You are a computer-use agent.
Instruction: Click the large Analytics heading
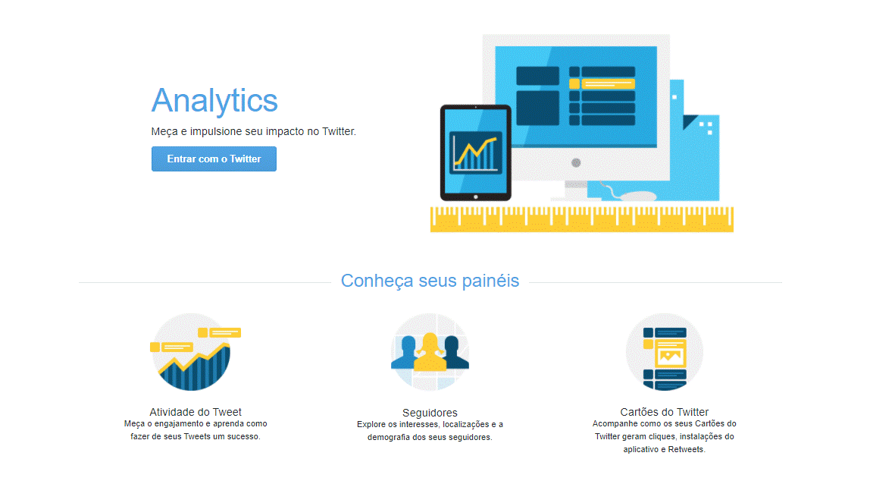[x=214, y=101]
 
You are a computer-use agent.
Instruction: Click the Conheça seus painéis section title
[x=430, y=281]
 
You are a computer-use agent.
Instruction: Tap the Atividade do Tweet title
[x=196, y=412]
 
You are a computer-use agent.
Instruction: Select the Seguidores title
[x=430, y=413]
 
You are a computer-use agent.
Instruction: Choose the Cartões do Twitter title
[x=665, y=412]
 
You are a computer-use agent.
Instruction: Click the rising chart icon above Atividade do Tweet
[x=193, y=352]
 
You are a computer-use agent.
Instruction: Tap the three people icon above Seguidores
[x=430, y=352]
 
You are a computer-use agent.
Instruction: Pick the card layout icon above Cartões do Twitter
[x=665, y=352]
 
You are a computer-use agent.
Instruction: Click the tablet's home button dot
[x=475, y=197]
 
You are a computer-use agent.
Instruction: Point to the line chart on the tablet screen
[x=475, y=152]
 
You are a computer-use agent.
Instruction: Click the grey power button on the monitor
[x=576, y=163]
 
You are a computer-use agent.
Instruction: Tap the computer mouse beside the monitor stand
[x=637, y=196]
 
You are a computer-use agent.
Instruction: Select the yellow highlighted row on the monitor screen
[x=602, y=84]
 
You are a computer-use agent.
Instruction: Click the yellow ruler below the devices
[x=581, y=219]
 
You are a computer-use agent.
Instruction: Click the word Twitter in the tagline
[x=339, y=131]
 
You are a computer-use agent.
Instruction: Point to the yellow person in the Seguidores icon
[x=430, y=352]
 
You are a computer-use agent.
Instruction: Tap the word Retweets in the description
[x=687, y=450]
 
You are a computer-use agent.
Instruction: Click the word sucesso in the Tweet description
[x=244, y=436]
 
